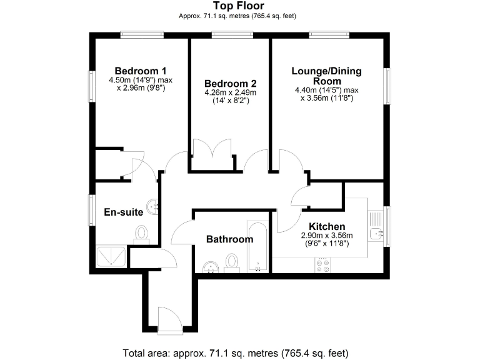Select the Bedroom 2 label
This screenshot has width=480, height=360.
coord(231,83)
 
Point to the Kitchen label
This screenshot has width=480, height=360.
coord(327,226)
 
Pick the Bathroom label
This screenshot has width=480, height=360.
coord(229,239)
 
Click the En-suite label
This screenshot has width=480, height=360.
coord(123,212)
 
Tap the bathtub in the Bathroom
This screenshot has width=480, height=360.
coord(257,246)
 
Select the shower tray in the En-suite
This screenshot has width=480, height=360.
coord(112,257)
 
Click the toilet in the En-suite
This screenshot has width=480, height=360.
coord(142,233)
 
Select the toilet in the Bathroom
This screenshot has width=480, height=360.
coord(232,263)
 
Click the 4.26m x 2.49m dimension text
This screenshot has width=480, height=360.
coord(231,92)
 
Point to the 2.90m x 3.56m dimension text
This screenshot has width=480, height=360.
coord(327,236)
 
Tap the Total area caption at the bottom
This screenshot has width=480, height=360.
coord(240,352)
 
